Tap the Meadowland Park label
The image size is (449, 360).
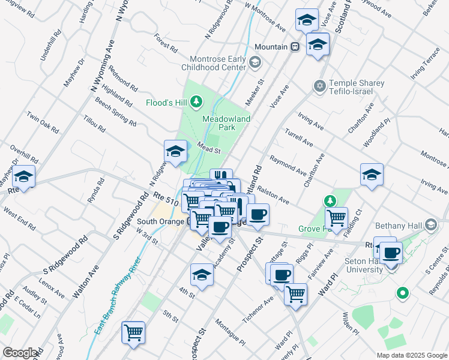226,123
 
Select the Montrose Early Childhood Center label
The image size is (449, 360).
217,63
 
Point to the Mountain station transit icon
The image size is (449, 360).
295,47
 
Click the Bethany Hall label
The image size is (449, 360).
406,225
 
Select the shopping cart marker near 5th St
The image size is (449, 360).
133,332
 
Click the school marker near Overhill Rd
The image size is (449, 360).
24,176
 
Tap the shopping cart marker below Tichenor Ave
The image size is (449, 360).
295,294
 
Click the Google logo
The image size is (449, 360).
21,353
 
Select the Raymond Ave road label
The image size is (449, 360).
288,163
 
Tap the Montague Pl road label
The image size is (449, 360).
228,334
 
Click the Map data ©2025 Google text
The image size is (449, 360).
411,355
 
